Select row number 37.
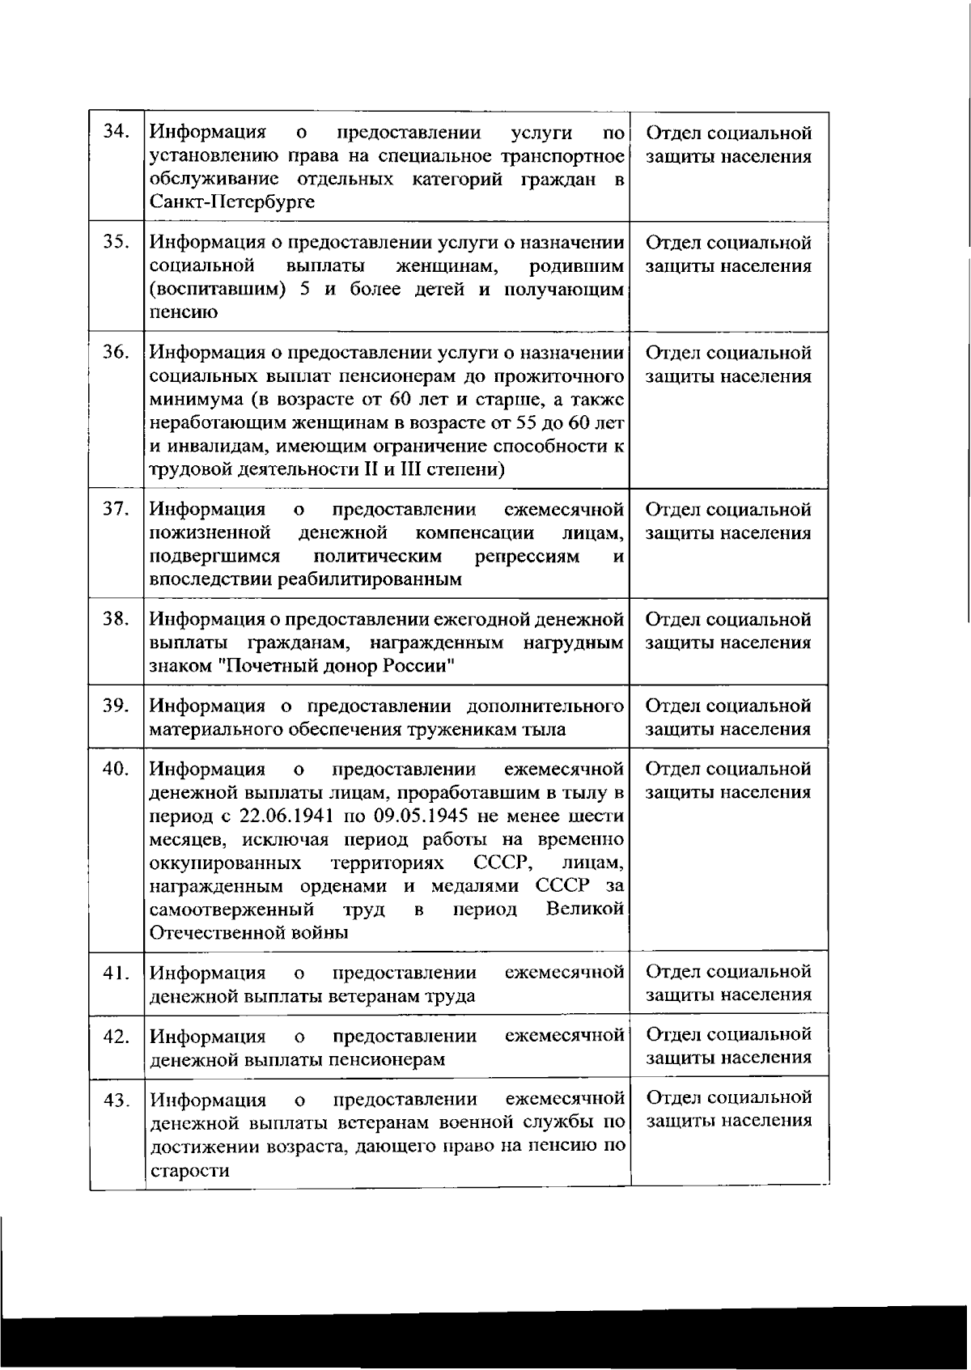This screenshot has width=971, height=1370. (x=117, y=509)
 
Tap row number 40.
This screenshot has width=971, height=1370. (x=117, y=769)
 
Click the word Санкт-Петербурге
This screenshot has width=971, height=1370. (x=232, y=202)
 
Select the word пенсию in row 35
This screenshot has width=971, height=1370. (x=184, y=312)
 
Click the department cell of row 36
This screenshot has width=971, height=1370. (x=728, y=365)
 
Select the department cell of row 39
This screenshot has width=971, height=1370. (x=728, y=718)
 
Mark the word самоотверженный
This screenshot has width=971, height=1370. (x=232, y=910)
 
